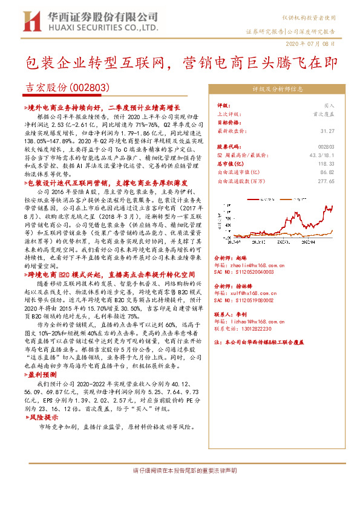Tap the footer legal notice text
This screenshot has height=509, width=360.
click(x=180, y=470)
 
